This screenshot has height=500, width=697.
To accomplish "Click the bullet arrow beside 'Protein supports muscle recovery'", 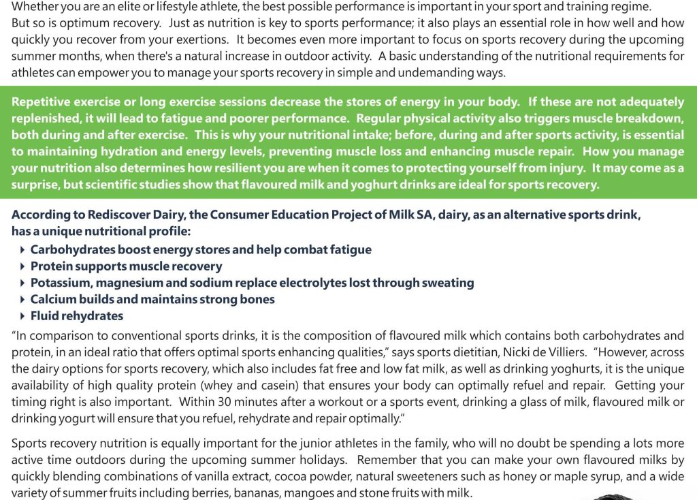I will tap(23, 266).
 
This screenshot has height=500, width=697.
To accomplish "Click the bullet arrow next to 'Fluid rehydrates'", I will tap(23, 316).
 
